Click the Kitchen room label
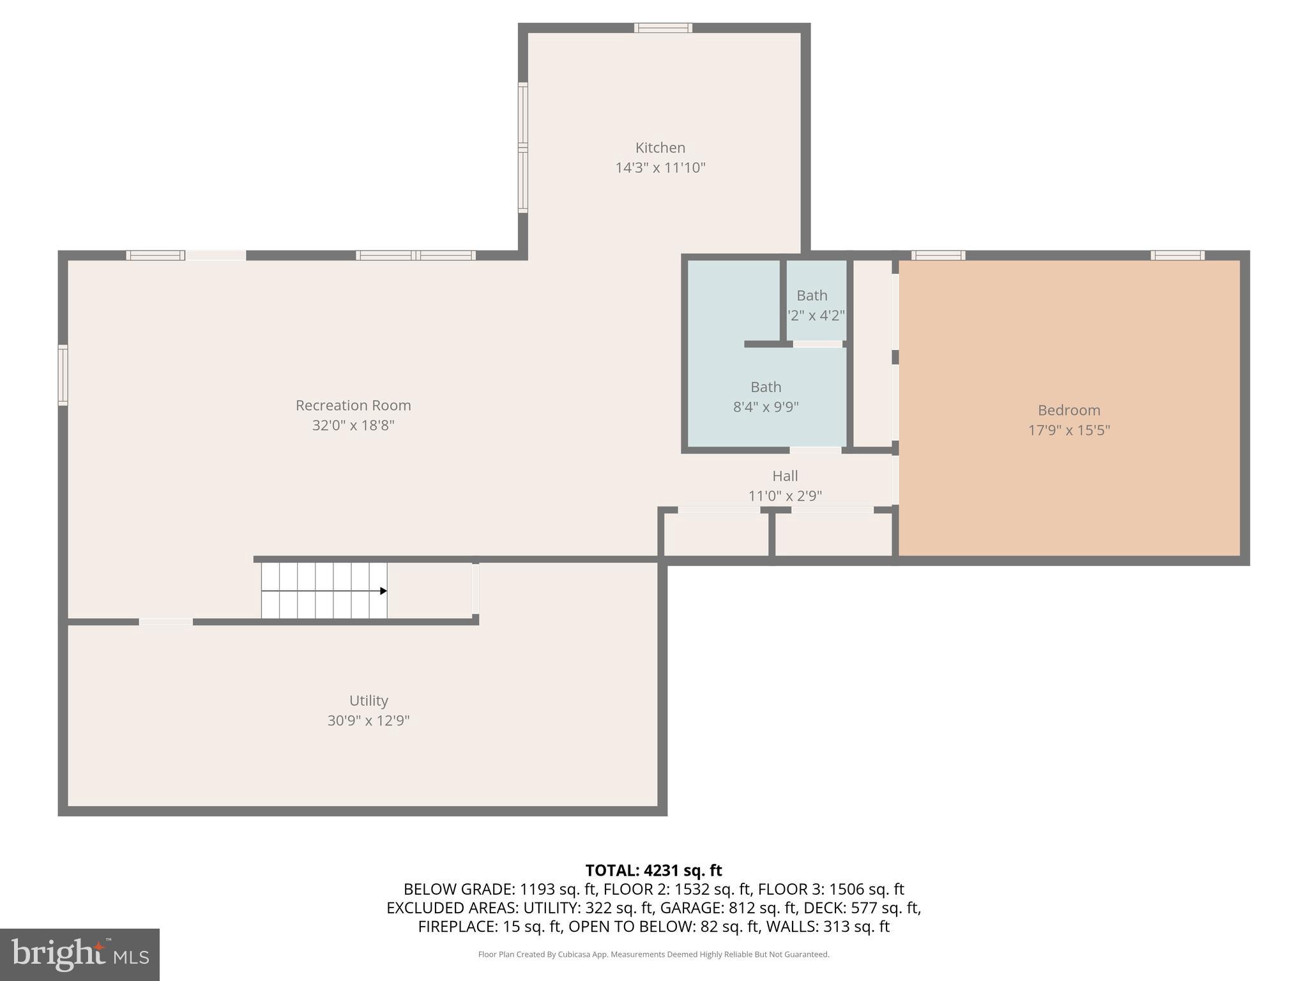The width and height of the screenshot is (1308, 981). [x=660, y=148]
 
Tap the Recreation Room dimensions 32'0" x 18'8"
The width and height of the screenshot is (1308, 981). [x=353, y=425]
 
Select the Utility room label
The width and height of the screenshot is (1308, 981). [x=369, y=701]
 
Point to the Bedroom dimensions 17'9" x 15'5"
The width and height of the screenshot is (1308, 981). [x=1068, y=430]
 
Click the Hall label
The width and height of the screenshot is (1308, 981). [x=785, y=476]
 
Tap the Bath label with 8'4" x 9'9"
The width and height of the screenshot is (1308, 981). [x=766, y=387]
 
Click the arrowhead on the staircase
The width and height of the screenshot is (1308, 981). [x=383, y=591]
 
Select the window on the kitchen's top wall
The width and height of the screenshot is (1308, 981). [x=663, y=27]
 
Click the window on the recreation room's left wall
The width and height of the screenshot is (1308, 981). [x=63, y=375]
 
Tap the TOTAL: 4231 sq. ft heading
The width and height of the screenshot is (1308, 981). [x=653, y=871]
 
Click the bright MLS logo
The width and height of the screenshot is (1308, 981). [x=79, y=954]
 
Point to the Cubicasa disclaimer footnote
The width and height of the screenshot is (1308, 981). [x=653, y=955]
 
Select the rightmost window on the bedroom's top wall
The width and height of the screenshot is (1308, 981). [x=1177, y=255]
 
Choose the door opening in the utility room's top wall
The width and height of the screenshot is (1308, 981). [x=165, y=621]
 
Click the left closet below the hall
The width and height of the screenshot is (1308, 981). [x=715, y=535]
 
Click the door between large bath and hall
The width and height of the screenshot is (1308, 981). [x=815, y=450]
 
